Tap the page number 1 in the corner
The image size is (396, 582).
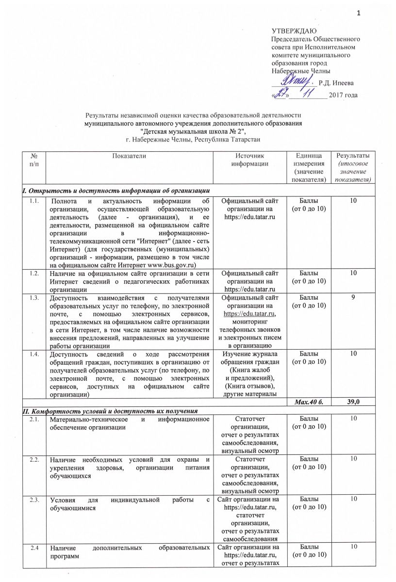click(x=359, y=13)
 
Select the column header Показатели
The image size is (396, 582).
click(x=129, y=156)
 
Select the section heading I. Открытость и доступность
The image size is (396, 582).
click(x=115, y=189)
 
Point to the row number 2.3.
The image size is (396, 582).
click(x=33, y=500)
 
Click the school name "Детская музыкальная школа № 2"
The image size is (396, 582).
click(x=193, y=131)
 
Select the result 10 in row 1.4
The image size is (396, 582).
click(x=350, y=355)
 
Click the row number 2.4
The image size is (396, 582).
click(x=33, y=548)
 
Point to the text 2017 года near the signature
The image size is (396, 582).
click(x=343, y=95)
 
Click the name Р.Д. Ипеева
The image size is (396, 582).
click(x=340, y=84)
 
